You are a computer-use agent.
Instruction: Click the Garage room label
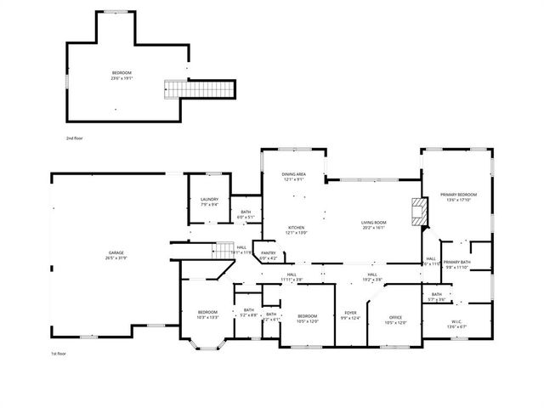pyautogui.click(x=116, y=256)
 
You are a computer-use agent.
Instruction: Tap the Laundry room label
pyautogui.click(x=209, y=201)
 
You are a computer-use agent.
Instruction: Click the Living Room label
pyautogui.click(x=374, y=225)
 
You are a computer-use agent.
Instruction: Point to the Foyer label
pyautogui.click(x=350, y=314)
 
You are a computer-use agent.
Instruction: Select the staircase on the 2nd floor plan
pyautogui.click(x=199, y=88)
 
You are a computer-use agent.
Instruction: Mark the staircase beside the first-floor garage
pyautogui.click(x=224, y=249)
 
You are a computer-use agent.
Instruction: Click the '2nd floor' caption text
pyautogui.click(x=75, y=138)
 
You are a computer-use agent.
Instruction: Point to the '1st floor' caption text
pyautogui.click(x=59, y=353)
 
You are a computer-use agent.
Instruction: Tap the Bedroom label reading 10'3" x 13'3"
pyautogui.click(x=208, y=314)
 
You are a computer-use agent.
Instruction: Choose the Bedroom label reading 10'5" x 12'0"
pyautogui.click(x=307, y=318)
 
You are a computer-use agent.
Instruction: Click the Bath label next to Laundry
pyautogui.click(x=246, y=214)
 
